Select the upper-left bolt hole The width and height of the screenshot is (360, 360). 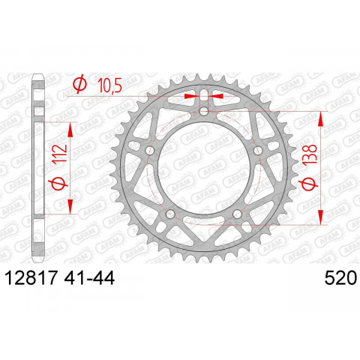tap(150, 151)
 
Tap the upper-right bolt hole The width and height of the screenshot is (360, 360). tap(259, 151)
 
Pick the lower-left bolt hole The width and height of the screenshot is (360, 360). tap(171, 215)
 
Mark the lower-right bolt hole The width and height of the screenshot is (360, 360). tap(238, 215)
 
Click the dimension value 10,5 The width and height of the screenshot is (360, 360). tap(109, 87)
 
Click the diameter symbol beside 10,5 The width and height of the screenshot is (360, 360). tap(79, 85)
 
